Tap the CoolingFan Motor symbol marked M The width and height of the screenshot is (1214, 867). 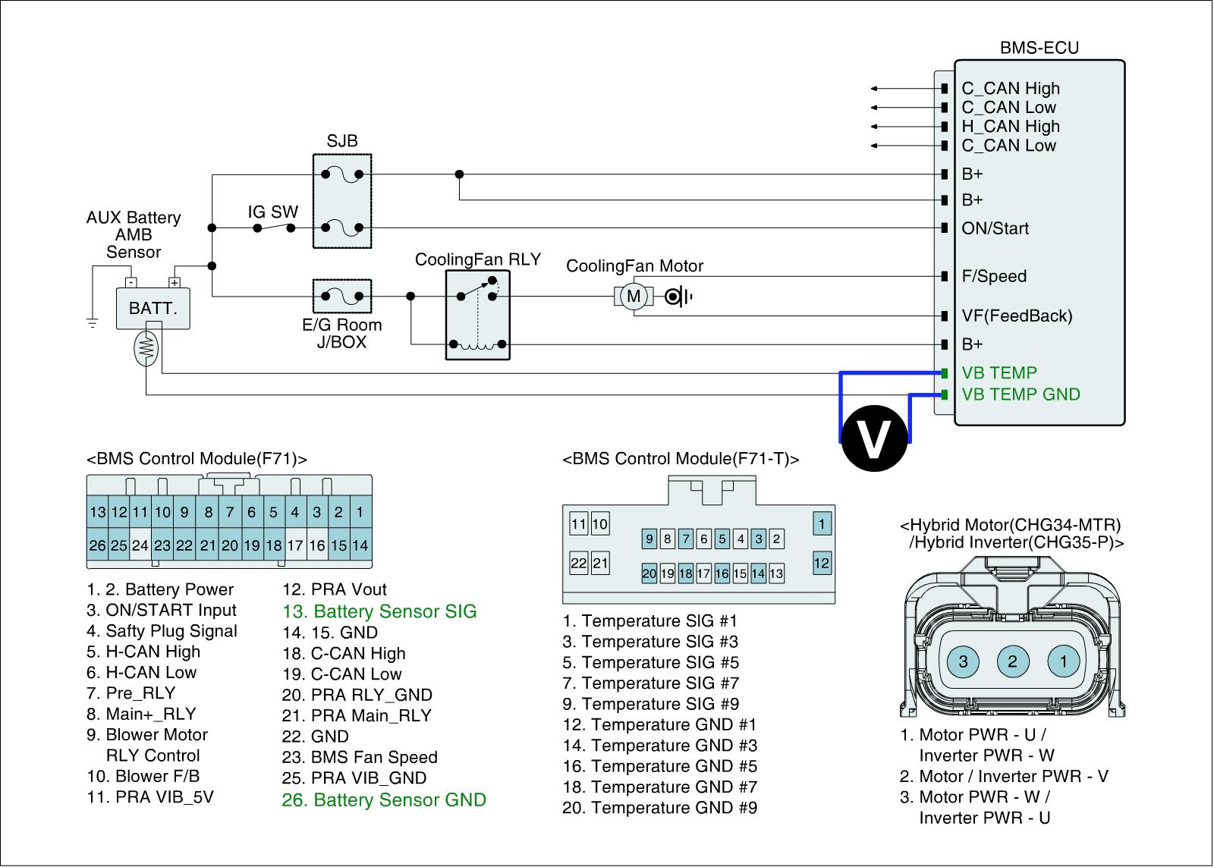[x=634, y=296]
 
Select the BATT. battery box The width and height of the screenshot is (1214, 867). [x=153, y=309]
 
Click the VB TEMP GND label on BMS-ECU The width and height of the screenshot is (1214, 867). [x=1021, y=394]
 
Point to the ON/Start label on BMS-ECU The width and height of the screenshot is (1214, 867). [x=995, y=228]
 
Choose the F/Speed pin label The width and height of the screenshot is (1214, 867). [x=994, y=277]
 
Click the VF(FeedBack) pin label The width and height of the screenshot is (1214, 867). [x=1017, y=316]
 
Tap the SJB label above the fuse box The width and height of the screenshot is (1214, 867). [x=342, y=141]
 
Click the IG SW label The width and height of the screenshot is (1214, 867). [x=273, y=212]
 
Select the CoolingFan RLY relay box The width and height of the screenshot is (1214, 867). [x=478, y=316]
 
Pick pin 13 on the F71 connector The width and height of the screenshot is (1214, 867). [x=97, y=512]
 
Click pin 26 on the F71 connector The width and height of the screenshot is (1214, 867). [x=97, y=545]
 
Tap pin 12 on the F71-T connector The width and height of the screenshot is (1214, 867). [x=821, y=563]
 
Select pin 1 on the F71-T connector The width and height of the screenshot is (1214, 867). [x=821, y=523]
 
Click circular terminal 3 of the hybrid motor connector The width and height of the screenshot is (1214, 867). [x=963, y=661]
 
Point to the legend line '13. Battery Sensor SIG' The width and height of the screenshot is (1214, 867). [x=379, y=611]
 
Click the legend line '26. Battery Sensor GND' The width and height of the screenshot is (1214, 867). [x=384, y=799]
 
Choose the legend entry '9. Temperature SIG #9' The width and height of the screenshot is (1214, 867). [x=650, y=704]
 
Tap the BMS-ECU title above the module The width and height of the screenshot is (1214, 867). [x=1039, y=48]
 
